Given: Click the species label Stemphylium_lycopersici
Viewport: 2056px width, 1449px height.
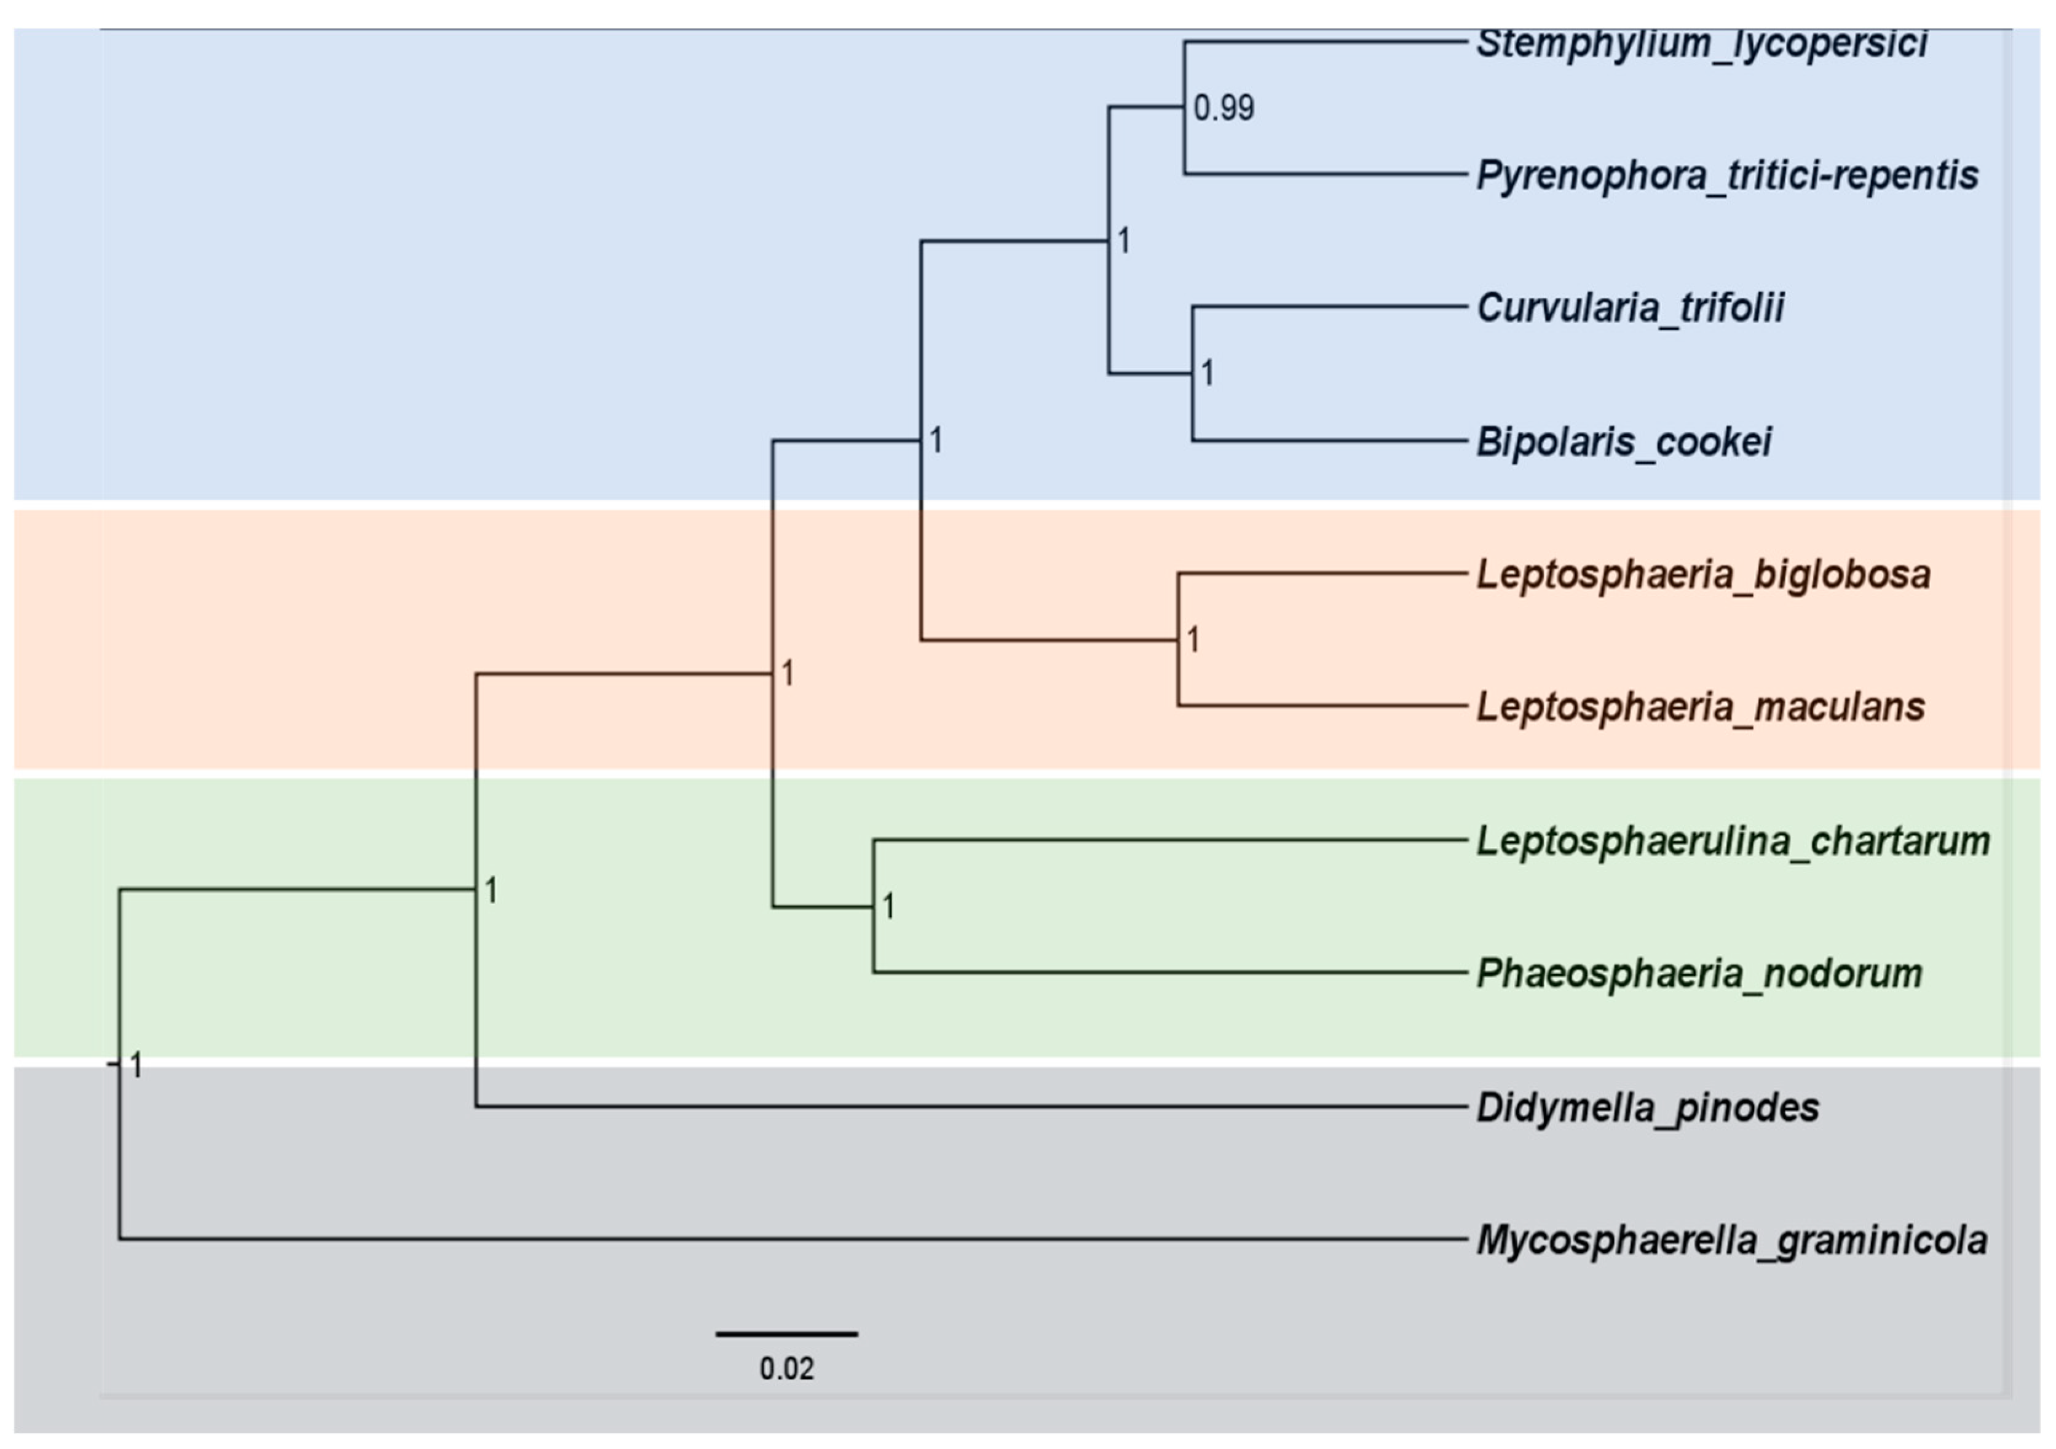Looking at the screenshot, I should pos(1701,43).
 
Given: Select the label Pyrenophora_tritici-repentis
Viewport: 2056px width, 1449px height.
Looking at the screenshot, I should pos(1726,176).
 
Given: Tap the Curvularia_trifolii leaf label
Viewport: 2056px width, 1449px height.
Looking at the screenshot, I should pos(1630,308).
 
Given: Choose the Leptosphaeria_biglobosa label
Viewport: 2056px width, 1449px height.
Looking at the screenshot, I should pos(1703,574).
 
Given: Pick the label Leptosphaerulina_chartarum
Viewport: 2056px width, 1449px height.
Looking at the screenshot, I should pos(1733,841).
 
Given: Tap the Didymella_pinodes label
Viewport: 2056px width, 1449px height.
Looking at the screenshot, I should pos(1648,1108).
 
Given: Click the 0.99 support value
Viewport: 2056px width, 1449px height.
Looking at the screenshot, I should pos(1224,108).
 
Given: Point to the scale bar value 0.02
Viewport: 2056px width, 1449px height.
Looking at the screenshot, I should pos(786,1369).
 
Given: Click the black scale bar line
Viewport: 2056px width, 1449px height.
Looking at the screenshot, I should pos(786,1335).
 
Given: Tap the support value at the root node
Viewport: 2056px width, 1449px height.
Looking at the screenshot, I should pos(136,1066).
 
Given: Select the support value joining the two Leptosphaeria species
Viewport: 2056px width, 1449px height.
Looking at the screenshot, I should pos(1193,641).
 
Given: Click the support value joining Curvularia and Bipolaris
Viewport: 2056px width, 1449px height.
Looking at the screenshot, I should pos(1207,373).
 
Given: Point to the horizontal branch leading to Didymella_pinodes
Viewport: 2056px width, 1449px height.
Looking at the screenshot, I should pos(967,1107).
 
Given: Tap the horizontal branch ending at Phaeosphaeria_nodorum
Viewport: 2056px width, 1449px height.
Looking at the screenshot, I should pos(1164,973).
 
